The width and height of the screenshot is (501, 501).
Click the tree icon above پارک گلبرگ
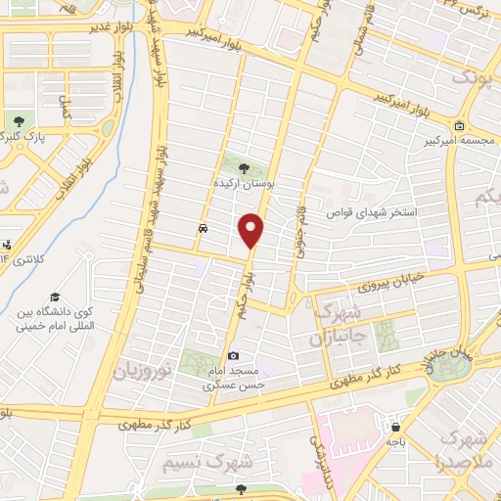click(x=19, y=121)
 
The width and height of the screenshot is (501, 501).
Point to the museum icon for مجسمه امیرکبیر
click(x=460, y=125)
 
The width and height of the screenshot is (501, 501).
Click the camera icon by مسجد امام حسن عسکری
click(x=233, y=356)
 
